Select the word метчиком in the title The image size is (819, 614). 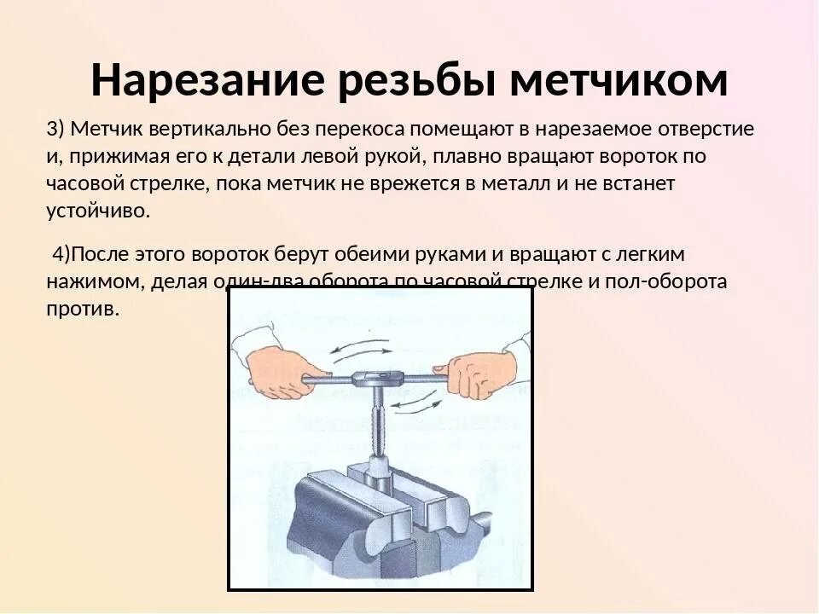tap(619, 82)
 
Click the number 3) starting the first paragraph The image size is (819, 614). tap(55, 129)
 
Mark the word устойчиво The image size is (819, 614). tap(98, 211)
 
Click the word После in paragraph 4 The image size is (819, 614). tap(106, 254)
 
